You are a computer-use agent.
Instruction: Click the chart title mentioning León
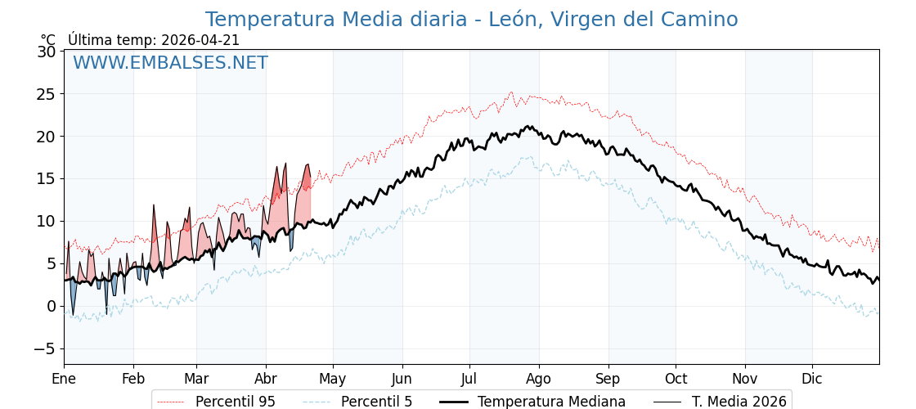pyautogui.click(x=471, y=20)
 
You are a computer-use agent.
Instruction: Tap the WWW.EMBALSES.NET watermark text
pyautogui.click(x=170, y=63)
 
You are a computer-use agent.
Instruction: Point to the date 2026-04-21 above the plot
pyautogui.click(x=200, y=40)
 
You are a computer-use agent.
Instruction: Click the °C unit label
pyautogui.click(x=48, y=40)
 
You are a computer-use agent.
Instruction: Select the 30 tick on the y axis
pyautogui.click(x=47, y=52)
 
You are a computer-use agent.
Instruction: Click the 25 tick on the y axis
pyautogui.click(x=47, y=94)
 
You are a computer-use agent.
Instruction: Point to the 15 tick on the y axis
pyautogui.click(x=47, y=178)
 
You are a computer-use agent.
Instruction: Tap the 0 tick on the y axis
pyautogui.click(x=52, y=306)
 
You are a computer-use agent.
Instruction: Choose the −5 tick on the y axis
pyautogui.click(x=43, y=348)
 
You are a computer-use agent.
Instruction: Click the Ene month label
pyautogui.click(x=64, y=379)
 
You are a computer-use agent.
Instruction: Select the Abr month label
pyautogui.click(x=266, y=379)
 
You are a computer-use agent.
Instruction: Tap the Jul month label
pyautogui.click(x=469, y=379)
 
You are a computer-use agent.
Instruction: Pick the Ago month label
pyautogui.click(x=539, y=379)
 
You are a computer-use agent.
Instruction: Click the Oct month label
pyautogui.click(x=676, y=379)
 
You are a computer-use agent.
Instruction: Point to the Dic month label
pyautogui.click(x=812, y=379)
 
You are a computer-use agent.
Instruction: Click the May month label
pyautogui.click(x=333, y=379)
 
